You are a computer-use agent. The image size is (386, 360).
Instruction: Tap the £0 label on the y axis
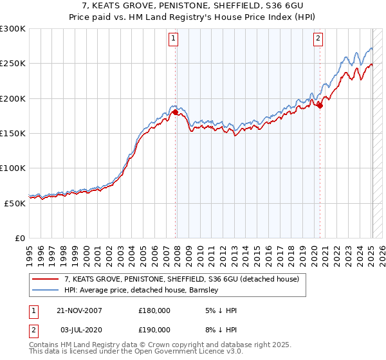coord(20,238)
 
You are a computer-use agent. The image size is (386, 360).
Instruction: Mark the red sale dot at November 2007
coord(176,113)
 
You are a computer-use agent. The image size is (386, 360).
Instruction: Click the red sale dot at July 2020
coord(320,106)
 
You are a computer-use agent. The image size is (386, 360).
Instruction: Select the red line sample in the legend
coord(46,280)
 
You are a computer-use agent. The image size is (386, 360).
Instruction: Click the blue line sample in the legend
coord(46,291)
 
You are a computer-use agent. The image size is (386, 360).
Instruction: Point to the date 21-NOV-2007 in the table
coord(79,310)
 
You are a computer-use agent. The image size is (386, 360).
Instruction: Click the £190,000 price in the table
coord(154,330)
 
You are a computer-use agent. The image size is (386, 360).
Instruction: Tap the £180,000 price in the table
coord(154,310)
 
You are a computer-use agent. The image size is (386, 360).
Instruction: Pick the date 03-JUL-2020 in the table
coord(79,330)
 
